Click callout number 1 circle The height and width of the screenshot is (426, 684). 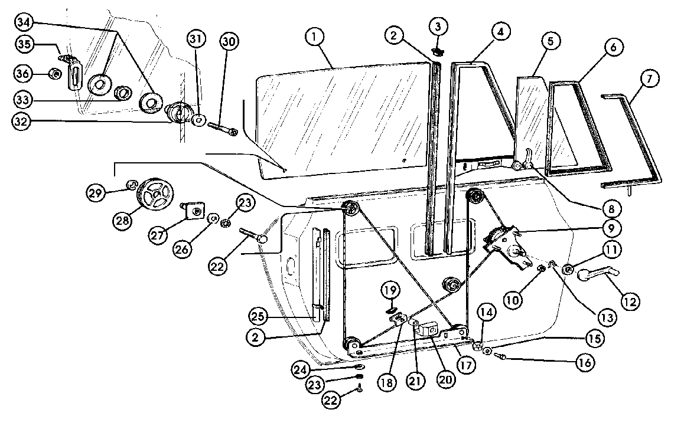coord(314,37)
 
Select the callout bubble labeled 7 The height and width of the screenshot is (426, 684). coord(650,79)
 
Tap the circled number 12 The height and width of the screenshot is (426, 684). coord(630,302)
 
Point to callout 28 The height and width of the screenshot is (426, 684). coord(123,221)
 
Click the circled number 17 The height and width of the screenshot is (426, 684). coord(466,365)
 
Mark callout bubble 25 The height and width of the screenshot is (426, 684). coord(258,316)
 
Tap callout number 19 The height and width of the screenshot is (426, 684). coord(390,290)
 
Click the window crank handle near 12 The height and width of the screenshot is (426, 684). coord(598,274)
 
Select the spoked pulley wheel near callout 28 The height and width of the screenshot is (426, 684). coord(155,195)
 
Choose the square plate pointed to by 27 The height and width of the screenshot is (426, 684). coord(194,211)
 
